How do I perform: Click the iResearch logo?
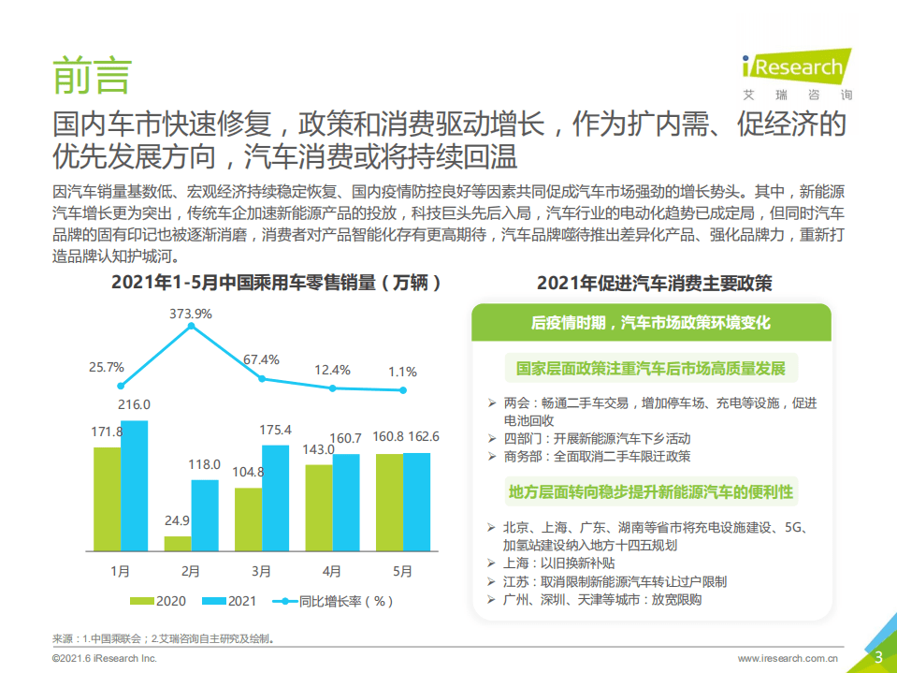[x=795, y=72]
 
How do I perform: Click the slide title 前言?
[x=92, y=75]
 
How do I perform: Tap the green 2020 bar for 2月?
[x=178, y=543]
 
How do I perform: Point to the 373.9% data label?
[x=190, y=313]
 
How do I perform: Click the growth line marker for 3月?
[x=262, y=378]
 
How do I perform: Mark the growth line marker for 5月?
[x=403, y=390]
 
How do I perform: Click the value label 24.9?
[x=177, y=520]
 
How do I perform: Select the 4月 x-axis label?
[x=332, y=570]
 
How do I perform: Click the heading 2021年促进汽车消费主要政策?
[x=654, y=283]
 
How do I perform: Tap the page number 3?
[x=878, y=656]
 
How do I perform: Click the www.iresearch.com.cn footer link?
[x=787, y=659]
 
